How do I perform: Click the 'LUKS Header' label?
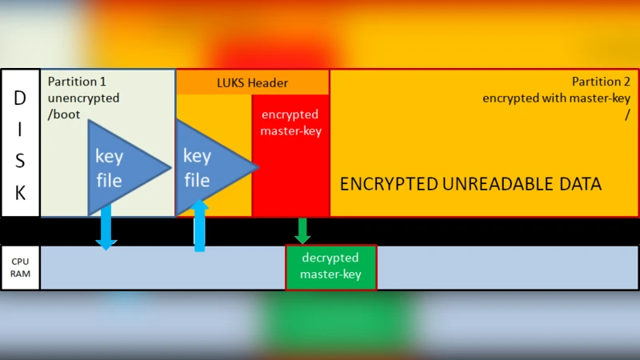[x=252, y=82]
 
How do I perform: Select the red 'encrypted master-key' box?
[x=290, y=156]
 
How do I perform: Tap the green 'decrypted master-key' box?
[x=330, y=267]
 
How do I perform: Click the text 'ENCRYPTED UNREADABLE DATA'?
[x=470, y=184]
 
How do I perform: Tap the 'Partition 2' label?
[x=601, y=82]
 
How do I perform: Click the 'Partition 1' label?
[x=77, y=82]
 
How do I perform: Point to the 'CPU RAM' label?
[x=20, y=267]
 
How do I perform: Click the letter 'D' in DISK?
[x=20, y=97]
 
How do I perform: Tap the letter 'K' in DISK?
[x=20, y=193]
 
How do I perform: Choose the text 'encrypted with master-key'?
[x=556, y=98]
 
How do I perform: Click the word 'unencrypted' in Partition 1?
[x=83, y=98]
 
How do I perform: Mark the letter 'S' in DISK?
[x=20, y=161]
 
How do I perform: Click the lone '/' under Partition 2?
[x=627, y=114]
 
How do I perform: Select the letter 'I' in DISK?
[x=20, y=129]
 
